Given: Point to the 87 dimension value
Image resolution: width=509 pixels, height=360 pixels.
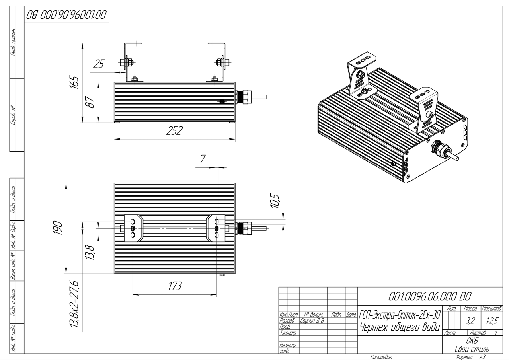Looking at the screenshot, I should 91,102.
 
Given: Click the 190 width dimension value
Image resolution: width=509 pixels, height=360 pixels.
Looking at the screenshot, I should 58,229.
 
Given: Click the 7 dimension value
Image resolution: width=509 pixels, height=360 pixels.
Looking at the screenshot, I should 203,159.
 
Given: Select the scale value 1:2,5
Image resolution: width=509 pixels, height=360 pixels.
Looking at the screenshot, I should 491,320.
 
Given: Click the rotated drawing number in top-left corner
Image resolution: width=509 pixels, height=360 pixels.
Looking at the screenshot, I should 66,16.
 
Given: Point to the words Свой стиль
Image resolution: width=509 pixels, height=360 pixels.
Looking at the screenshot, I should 472,349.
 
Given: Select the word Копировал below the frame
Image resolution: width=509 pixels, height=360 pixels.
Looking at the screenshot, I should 381,357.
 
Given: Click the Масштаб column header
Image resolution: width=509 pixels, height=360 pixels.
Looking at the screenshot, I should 491,308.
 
